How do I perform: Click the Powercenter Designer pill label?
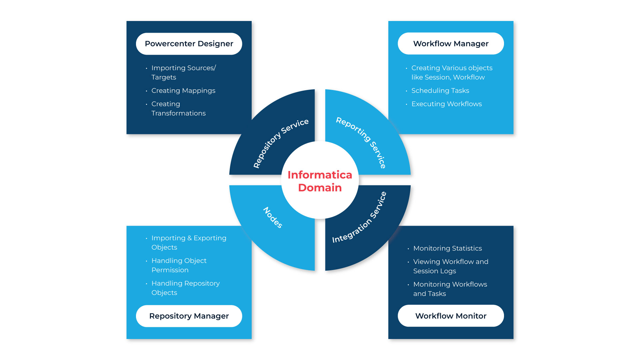tap(189, 44)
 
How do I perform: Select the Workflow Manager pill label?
tap(451, 44)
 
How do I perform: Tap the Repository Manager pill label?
tap(189, 316)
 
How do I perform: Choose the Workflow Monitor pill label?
tap(451, 316)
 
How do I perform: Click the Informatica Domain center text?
tap(320, 181)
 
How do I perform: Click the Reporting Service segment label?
tap(361, 142)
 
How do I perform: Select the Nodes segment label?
tap(273, 217)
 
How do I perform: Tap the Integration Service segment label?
tap(360, 217)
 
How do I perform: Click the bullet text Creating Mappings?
tap(183, 91)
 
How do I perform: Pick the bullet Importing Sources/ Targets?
tap(183, 72)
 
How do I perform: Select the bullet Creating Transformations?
tap(178, 109)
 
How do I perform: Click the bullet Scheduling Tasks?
tap(440, 91)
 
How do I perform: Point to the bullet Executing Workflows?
tap(446, 104)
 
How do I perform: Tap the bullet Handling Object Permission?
tap(179, 265)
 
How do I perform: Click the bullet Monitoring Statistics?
tap(447, 248)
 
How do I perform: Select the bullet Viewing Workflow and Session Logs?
tap(451, 266)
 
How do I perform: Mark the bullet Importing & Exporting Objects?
tap(189, 243)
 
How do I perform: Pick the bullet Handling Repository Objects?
tap(185, 288)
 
